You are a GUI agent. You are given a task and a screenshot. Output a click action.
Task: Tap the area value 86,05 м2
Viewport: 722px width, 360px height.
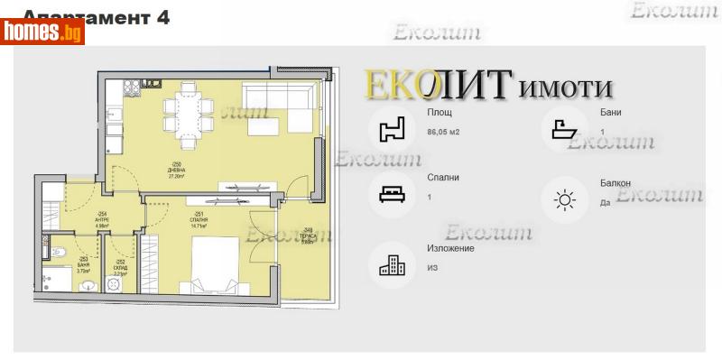click(x=443, y=133)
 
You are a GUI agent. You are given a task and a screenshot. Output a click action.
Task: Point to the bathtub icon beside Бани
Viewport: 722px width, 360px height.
click(x=565, y=128)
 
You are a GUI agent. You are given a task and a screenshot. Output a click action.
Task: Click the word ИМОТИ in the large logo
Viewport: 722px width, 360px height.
click(x=567, y=88)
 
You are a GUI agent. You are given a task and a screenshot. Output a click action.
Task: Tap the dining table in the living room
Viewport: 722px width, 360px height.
click(x=189, y=112)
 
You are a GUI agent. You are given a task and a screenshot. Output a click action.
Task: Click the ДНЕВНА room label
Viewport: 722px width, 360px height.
click(x=175, y=171)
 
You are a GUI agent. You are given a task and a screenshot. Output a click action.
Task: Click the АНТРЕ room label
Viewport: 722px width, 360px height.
click(x=102, y=219)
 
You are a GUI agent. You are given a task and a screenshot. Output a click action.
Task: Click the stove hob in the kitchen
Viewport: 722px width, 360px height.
click(x=131, y=87)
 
